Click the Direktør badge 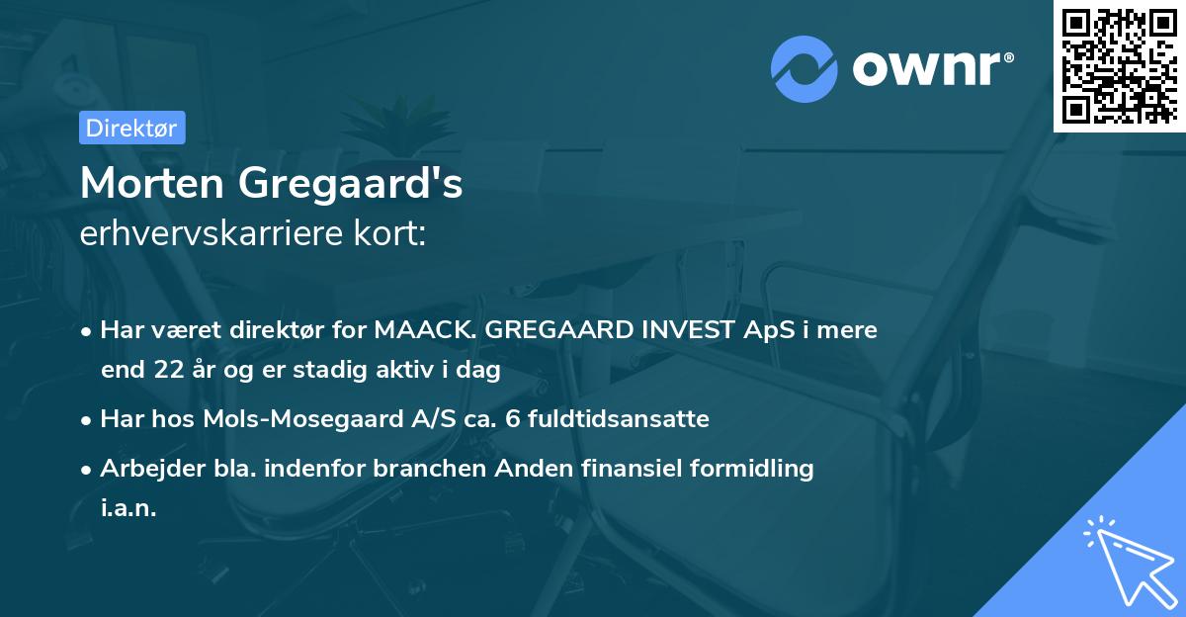131,128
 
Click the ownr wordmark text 932,67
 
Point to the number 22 164,371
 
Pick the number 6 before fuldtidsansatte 511,419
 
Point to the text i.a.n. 128,509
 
